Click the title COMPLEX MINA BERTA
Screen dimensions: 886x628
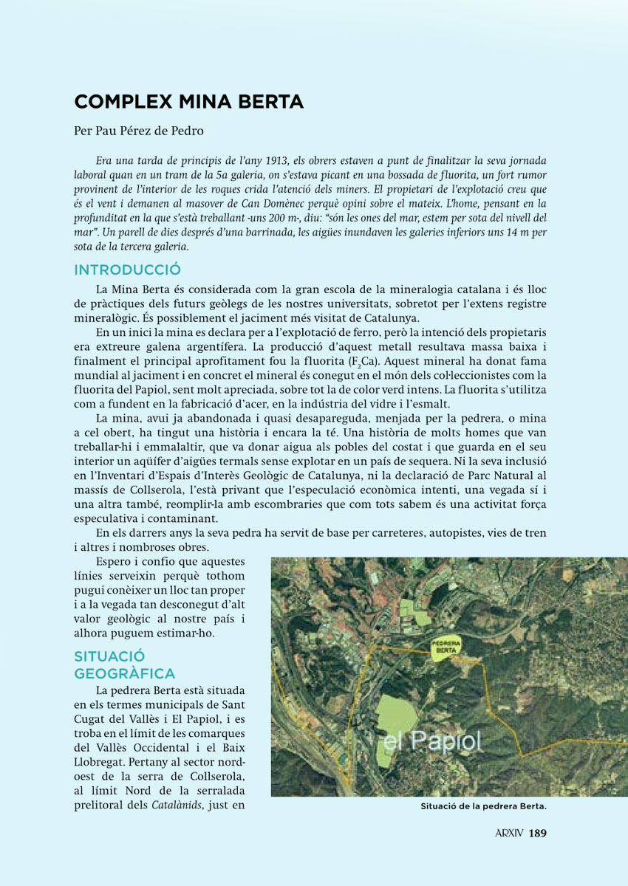pyautogui.click(x=188, y=102)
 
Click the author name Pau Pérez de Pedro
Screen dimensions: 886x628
pyautogui.click(x=138, y=131)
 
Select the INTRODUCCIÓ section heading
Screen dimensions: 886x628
pyautogui.click(x=127, y=269)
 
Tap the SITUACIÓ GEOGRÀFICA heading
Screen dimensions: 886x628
pyautogui.click(x=125, y=664)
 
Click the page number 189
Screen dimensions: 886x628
pyautogui.click(x=537, y=834)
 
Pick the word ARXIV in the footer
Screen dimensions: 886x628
pyautogui.click(x=508, y=834)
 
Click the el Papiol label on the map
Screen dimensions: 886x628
pyautogui.click(x=432, y=741)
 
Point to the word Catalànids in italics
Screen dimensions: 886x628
pyautogui.click(x=177, y=805)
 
